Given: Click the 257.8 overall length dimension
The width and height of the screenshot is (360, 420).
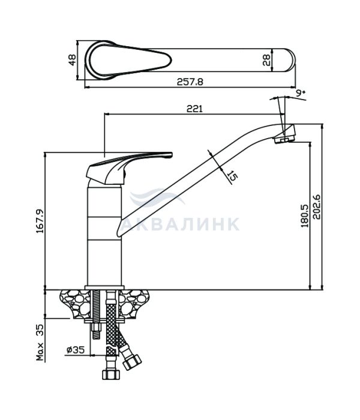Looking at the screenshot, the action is point(190,82).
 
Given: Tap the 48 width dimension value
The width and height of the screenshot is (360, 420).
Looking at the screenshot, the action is point(73,60).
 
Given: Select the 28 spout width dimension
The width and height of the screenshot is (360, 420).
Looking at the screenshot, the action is point(266,60).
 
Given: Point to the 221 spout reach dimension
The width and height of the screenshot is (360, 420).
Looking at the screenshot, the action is point(195,109).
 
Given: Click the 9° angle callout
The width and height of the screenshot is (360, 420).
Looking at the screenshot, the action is point(301,92).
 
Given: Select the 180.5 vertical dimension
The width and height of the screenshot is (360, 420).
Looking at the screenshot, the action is point(305,215).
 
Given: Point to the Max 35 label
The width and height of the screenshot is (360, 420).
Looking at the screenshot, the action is point(40,342).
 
